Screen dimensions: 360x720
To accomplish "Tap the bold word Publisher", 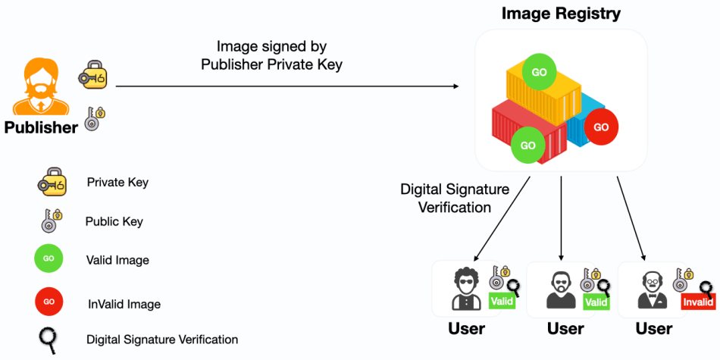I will click(x=41, y=127).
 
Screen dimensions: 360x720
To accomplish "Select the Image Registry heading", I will click(x=561, y=14).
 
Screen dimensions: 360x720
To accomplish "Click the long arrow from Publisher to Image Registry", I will click(x=288, y=86).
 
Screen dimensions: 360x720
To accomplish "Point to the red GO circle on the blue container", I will click(x=601, y=127).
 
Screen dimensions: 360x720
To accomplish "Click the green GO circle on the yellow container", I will click(x=539, y=73).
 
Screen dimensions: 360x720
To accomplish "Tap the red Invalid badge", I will click(x=698, y=302).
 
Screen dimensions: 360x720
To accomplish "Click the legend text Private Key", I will click(x=117, y=183).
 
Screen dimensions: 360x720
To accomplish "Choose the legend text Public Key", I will click(x=114, y=222).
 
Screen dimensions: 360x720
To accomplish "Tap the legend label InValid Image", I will click(x=124, y=304).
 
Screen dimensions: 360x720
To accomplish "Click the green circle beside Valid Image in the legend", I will click(x=49, y=259).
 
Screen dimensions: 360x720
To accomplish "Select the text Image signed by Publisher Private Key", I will click(x=271, y=55).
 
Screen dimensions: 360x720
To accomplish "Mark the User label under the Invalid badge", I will click(x=653, y=329).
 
